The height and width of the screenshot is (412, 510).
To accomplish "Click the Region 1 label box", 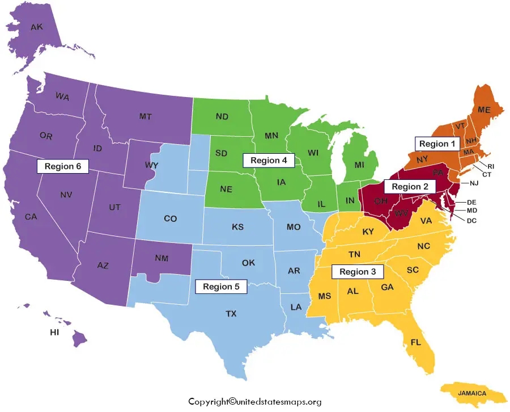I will [437, 144].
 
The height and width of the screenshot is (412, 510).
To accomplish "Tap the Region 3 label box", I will [358, 272].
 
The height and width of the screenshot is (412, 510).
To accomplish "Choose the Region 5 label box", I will [221, 287].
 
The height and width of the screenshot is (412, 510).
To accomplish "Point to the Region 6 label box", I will [63, 166].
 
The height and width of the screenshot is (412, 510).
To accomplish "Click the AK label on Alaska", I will [37, 27].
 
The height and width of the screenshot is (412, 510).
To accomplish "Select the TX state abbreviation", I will [231, 313].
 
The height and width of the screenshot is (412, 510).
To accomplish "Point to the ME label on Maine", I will [484, 110].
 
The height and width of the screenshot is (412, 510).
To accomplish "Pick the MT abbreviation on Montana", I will [146, 116].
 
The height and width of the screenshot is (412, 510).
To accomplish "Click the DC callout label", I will [472, 221].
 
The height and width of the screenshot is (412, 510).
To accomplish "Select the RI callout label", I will [491, 166].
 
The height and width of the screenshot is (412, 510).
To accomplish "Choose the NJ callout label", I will [473, 183].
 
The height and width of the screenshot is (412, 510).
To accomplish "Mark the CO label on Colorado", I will [171, 218].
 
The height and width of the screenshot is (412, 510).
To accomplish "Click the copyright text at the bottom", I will [255, 402].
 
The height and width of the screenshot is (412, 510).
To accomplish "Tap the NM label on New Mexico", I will [161, 258].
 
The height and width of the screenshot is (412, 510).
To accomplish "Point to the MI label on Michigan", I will [359, 165].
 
